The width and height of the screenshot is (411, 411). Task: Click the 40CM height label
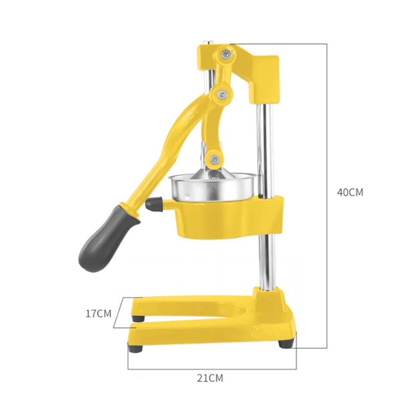(350, 192)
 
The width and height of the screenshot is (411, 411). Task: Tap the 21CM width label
(210, 378)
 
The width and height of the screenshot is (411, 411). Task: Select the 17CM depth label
(98, 313)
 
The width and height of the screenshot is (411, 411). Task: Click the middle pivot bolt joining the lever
(222, 94)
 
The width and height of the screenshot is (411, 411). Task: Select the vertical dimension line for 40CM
(327, 193)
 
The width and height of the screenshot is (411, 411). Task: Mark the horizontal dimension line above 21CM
(212, 369)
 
